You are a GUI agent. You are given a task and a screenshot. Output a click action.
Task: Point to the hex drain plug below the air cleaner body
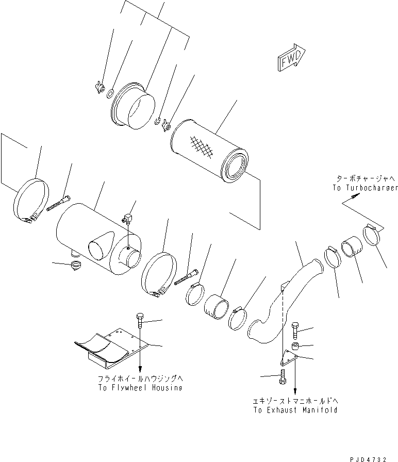click(76, 266)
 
